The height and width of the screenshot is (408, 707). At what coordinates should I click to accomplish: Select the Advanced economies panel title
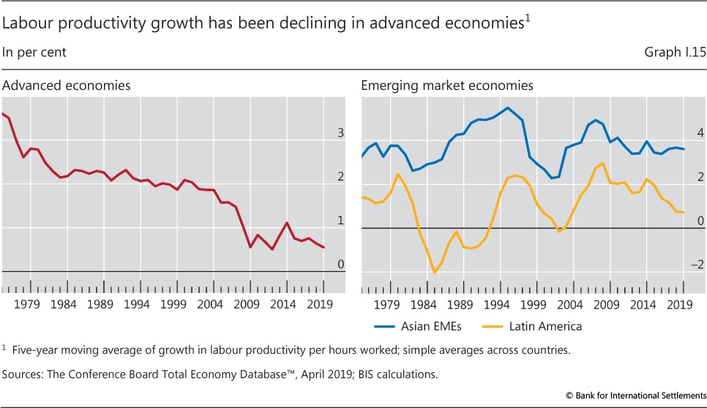tap(67, 86)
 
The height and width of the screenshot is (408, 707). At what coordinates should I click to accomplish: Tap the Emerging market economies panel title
tap(447, 86)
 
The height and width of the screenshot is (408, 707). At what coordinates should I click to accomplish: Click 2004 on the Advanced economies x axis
tap(211, 304)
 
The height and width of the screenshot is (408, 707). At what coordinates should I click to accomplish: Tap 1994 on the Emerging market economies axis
tap(498, 304)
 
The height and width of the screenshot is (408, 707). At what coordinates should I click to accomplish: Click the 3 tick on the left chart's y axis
tap(340, 133)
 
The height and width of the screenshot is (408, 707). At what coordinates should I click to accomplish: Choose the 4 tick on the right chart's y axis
tap(700, 133)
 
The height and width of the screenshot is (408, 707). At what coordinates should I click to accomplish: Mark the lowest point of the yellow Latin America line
tap(435, 272)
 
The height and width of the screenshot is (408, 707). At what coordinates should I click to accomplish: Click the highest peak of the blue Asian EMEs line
tap(507, 108)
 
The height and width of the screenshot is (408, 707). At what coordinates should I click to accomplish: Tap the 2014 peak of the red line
tap(287, 223)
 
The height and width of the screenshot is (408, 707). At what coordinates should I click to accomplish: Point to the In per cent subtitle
tap(34, 53)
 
